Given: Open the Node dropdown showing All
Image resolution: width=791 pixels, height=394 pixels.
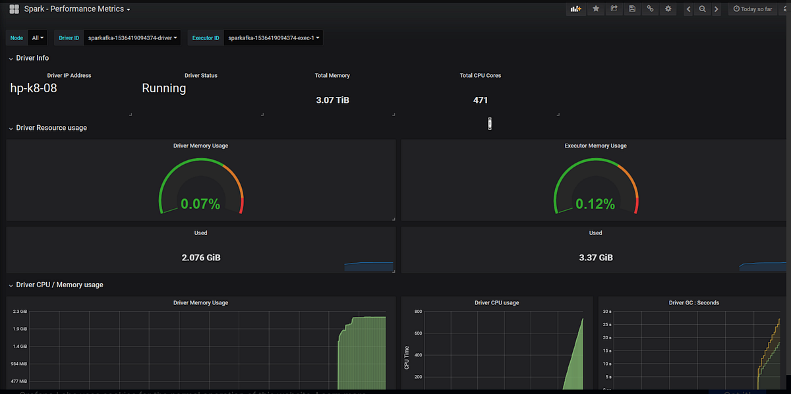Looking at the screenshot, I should coord(38,38).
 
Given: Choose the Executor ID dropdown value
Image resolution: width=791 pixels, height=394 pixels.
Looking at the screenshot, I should coord(274,38).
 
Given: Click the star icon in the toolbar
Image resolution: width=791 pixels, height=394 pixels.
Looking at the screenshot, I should coord(596,9).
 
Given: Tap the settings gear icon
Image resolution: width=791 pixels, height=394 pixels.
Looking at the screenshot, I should coord(668,9).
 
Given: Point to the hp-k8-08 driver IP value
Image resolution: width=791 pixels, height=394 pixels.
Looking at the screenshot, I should coord(34,88).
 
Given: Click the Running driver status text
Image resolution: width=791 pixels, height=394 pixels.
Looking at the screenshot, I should coord(164,88).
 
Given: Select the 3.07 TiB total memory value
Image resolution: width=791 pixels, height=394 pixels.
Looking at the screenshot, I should coord(332,100).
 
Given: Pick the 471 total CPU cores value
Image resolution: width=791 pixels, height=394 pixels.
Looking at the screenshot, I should coord(481,100).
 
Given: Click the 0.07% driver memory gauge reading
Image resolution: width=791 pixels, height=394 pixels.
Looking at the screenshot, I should coord(200,204).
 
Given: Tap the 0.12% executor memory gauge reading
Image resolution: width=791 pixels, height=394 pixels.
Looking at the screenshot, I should coord(595,204).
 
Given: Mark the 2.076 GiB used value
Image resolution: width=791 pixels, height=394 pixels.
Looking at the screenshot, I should coord(201,258).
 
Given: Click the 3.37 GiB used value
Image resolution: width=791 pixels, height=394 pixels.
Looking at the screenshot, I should coord(596,258).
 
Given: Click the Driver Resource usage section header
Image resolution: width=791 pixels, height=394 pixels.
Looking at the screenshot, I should coord(51,128).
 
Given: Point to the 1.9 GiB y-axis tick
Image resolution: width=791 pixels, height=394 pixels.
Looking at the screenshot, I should coord(20,329).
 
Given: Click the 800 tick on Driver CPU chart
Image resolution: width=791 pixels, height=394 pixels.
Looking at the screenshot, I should coord(417,312).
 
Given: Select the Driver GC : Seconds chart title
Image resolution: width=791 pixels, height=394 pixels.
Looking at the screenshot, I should coord(693,303).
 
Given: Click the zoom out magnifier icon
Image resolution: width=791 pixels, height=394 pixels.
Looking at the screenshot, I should coord(703,9).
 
